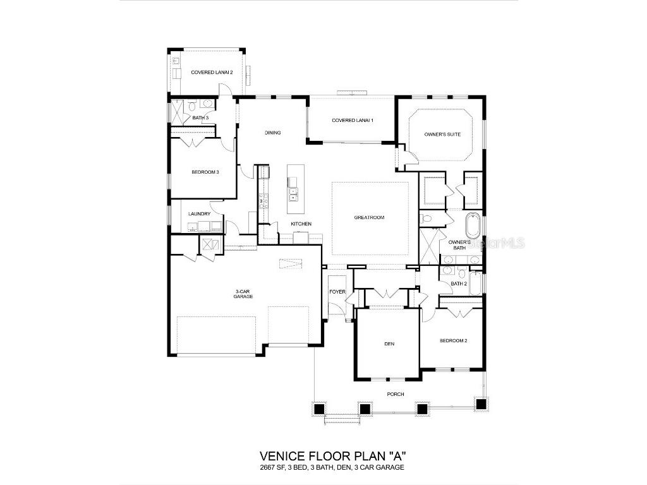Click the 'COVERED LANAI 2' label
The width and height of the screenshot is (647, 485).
212,73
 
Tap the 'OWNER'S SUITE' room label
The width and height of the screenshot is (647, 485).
442,135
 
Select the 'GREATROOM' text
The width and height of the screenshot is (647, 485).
369,218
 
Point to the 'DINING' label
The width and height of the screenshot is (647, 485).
272,133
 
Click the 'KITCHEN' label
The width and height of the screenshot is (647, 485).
301,224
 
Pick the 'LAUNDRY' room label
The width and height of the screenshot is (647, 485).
199,214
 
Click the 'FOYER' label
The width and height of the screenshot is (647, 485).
337,292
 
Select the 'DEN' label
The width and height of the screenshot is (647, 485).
389,344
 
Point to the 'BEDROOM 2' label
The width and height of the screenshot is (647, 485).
453,340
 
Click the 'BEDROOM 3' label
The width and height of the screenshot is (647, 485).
205,172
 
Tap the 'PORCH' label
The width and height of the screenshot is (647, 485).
396,394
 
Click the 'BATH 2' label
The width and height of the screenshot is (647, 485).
458,284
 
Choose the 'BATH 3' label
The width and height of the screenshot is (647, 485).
200,118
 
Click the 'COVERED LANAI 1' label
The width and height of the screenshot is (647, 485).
353,121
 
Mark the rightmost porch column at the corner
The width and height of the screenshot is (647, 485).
481,404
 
